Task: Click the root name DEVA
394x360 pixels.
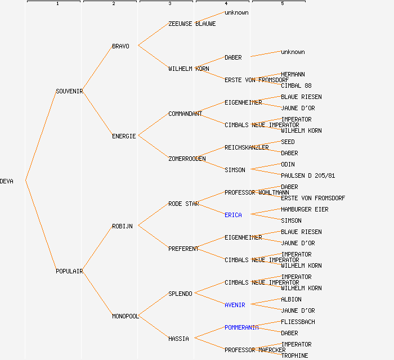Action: coord(7,181)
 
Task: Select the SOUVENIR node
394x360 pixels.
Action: coord(69,91)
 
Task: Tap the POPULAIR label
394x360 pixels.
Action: coord(69,271)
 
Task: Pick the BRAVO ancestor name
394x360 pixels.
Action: coord(120,46)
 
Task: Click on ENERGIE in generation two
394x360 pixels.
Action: coord(124,136)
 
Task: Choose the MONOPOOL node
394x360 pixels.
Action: coord(125,316)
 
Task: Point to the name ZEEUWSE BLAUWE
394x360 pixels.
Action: coord(192,24)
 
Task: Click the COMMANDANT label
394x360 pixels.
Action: coord(185,114)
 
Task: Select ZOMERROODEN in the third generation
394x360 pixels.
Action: coord(187,159)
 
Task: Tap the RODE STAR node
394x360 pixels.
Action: coord(183,204)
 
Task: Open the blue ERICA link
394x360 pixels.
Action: coord(233,215)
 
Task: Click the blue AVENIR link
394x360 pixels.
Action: coord(235,305)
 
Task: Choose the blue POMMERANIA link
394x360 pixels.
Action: coord(241,327)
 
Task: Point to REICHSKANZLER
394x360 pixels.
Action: coord(247,147)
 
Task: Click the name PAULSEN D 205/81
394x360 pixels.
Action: coord(308,175)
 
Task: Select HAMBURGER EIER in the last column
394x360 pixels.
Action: coord(305,209)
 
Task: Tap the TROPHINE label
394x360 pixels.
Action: coord(294,355)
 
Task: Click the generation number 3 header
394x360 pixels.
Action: coord(169,4)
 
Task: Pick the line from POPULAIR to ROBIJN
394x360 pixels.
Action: coord(97,249)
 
